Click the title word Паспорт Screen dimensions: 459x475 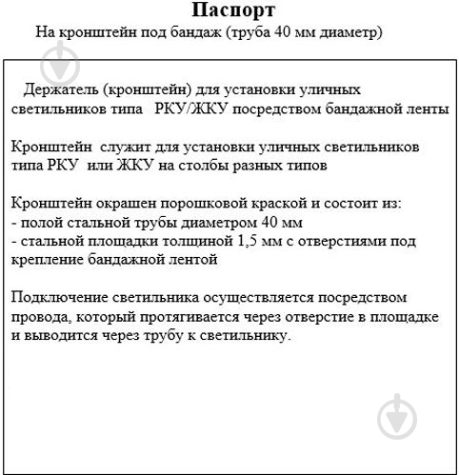[x=232, y=11]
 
